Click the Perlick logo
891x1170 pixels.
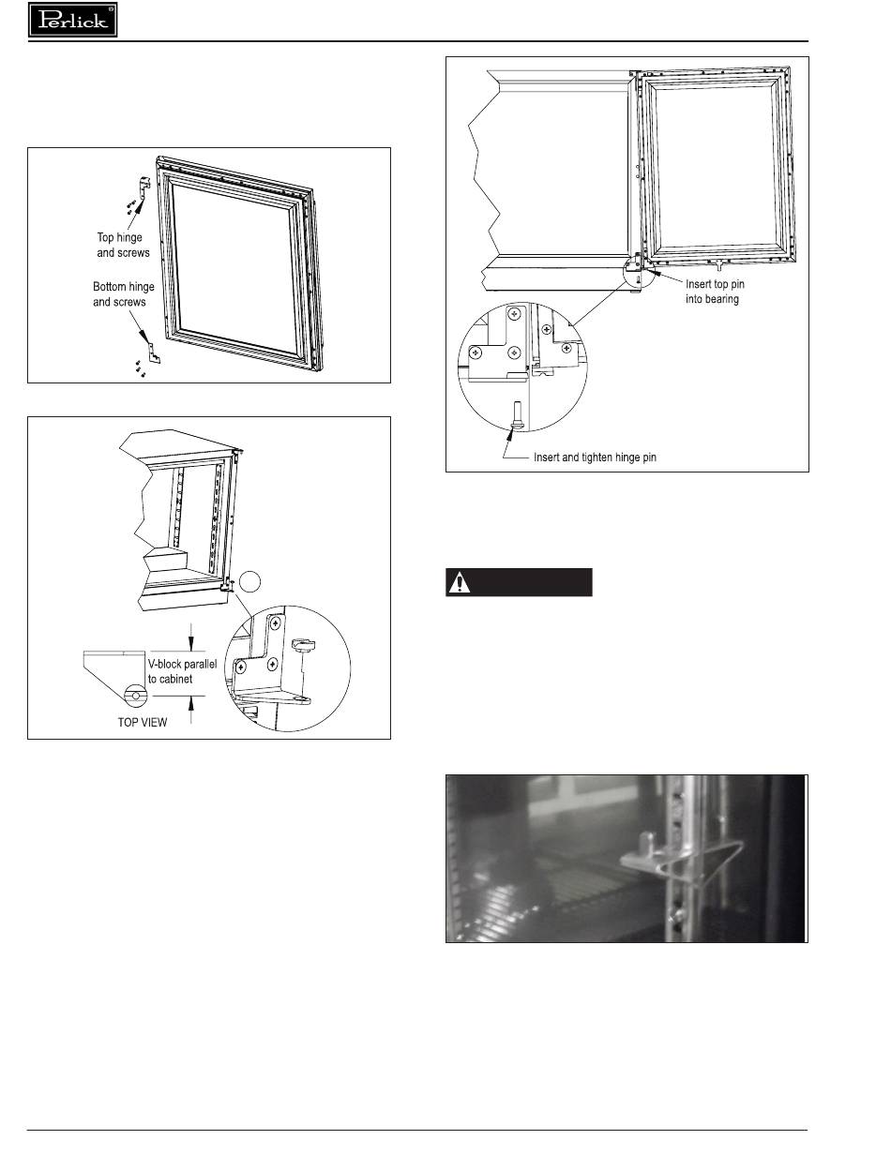point(72,20)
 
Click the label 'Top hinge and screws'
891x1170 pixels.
point(123,245)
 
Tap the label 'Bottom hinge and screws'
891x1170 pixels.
point(123,293)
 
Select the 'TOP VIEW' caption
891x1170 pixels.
point(143,722)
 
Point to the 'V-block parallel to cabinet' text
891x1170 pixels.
point(182,671)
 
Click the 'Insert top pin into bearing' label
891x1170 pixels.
point(715,291)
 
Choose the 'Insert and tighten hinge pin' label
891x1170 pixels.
point(595,457)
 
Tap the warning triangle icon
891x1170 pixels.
point(459,582)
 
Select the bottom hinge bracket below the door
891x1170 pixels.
point(155,352)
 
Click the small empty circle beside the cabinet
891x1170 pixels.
point(249,581)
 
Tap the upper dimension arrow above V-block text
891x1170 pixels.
point(191,637)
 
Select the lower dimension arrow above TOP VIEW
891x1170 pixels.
point(191,710)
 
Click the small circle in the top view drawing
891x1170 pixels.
point(137,695)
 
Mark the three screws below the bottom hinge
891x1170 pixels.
point(141,368)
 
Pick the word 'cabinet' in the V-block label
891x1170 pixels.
point(176,679)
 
